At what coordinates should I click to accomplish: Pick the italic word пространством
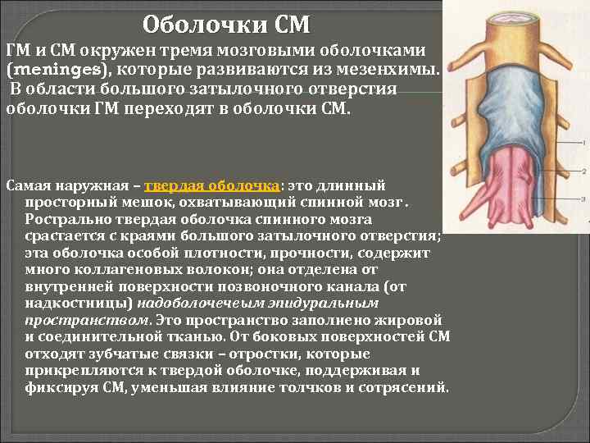(76, 319)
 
